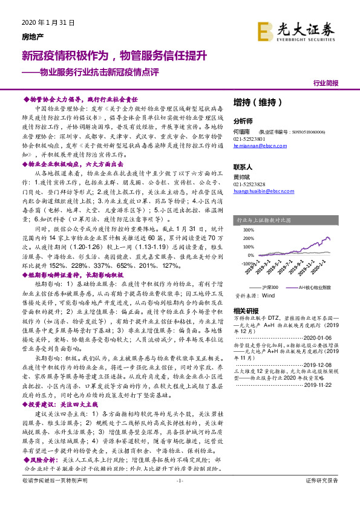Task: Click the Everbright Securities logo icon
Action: pyautogui.click(x=266, y=30)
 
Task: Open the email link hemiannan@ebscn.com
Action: pyautogui.click(x=260, y=146)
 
